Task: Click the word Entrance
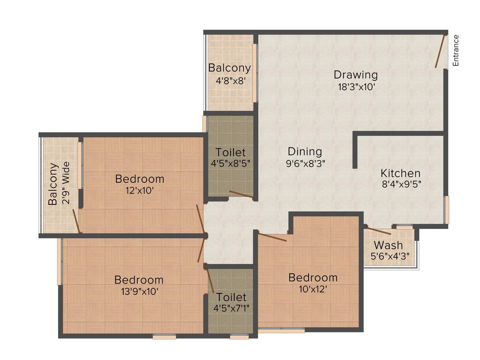tap(456, 50)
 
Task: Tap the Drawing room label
tap(355, 75)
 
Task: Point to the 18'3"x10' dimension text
tap(356, 87)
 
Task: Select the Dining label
tap(305, 152)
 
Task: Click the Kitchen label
tap(400, 173)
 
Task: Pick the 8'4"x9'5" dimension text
tap(401, 185)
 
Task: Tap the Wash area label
tap(388, 245)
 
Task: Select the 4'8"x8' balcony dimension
tap(231, 80)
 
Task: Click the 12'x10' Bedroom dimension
tap(140, 190)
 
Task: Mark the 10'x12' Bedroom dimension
tap(313, 289)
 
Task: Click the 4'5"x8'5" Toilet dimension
tap(231, 164)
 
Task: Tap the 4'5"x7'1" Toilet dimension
tap(231, 308)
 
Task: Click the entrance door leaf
tap(441, 52)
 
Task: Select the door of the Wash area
tap(378, 231)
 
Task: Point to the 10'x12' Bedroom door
tap(272, 237)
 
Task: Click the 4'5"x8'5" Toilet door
tap(241, 195)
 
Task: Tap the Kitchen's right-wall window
tap(447, 210)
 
